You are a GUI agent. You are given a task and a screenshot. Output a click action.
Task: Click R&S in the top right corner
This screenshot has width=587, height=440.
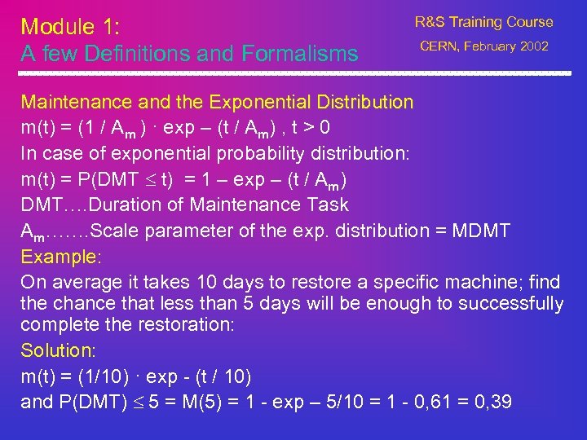click(x=430, y=23)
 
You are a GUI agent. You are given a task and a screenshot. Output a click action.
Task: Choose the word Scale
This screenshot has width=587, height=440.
click(x=114, y=231)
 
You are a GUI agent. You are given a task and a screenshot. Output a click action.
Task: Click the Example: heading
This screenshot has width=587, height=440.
click(x=60, y=257)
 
